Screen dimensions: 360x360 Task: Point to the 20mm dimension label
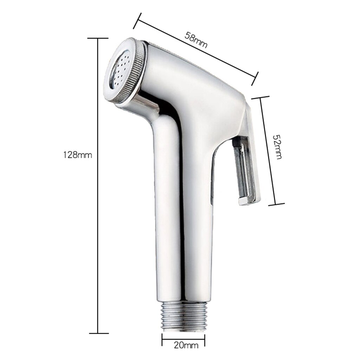184,346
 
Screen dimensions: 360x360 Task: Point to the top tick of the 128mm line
98,38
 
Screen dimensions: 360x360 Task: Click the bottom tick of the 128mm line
98,333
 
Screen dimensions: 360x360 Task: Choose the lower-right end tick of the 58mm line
255,79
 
